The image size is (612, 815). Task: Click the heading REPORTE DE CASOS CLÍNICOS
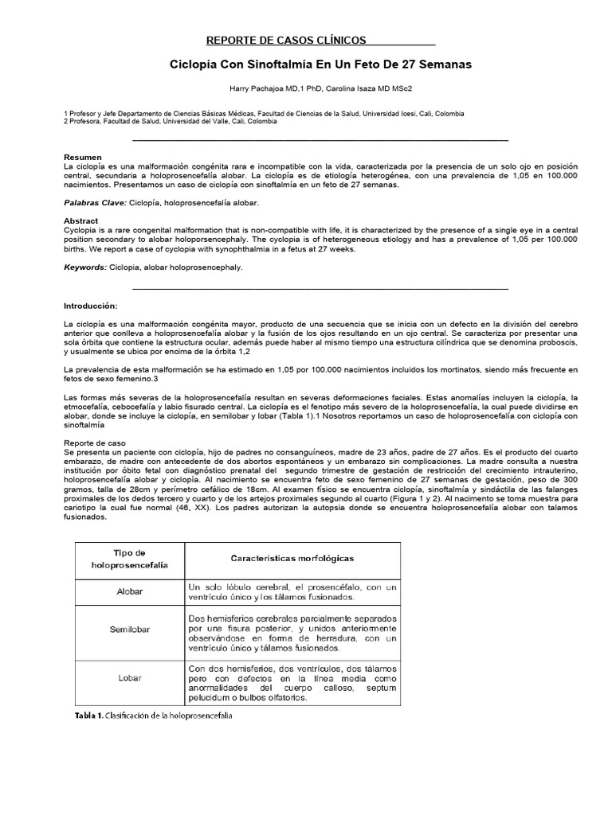point(286,39)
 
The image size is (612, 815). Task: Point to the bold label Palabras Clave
point(94,203)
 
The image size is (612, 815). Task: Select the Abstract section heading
point(81,220)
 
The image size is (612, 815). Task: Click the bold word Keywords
point(85,267)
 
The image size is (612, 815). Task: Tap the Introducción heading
point(90,306)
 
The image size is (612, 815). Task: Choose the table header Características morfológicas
point(292,560)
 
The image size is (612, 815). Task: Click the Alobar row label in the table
point(131,592)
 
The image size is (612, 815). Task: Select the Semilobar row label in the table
point(131,630)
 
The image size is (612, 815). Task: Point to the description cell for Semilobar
point(292,634)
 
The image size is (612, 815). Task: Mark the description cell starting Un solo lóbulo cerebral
point(292,592)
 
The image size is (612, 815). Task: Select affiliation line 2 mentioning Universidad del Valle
point(170,122)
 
